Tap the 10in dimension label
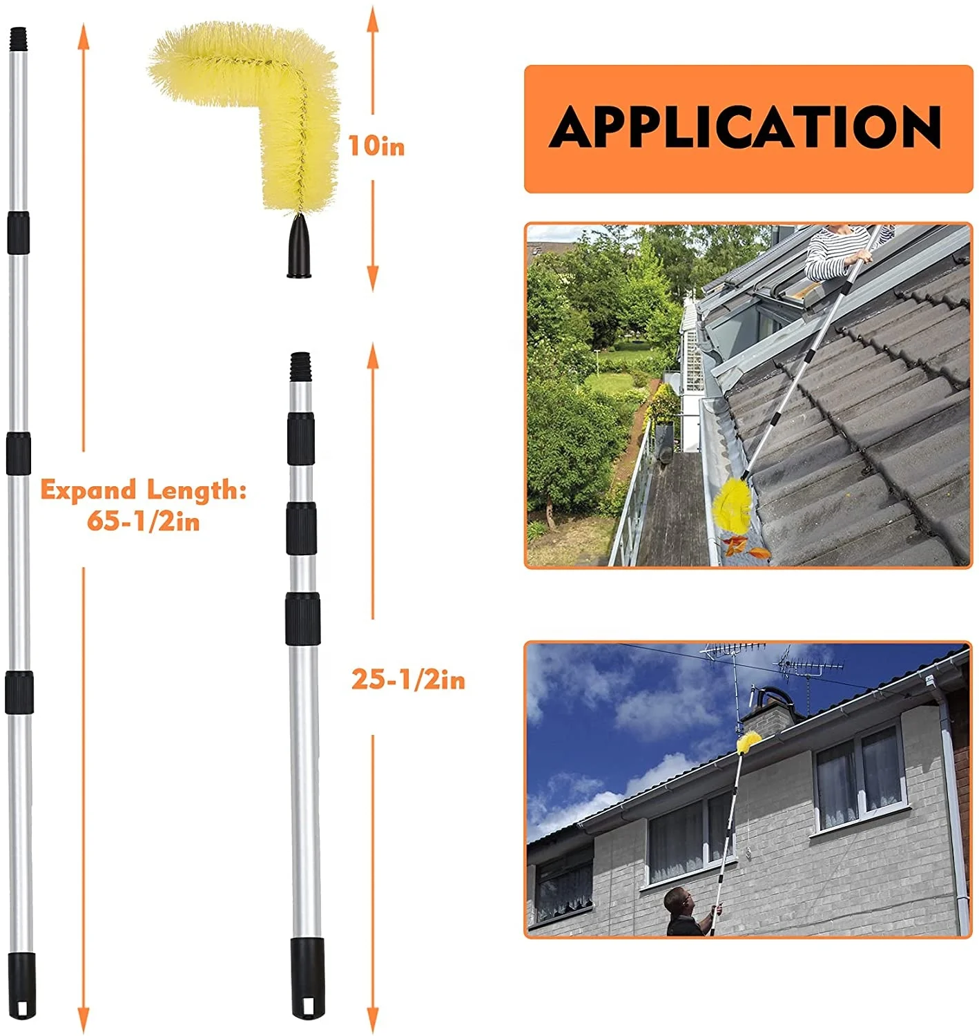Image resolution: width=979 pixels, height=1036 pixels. coord(376,146)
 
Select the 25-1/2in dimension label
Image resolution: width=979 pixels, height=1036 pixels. coord(408,680)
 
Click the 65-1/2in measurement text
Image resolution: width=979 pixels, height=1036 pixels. coord(143,521)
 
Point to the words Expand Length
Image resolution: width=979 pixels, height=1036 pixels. coord(143,490)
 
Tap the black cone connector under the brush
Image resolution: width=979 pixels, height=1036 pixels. coord(299,247)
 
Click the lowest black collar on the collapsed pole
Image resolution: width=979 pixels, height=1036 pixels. coord(303,618)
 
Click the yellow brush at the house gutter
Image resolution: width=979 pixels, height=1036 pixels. coord(749,742)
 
